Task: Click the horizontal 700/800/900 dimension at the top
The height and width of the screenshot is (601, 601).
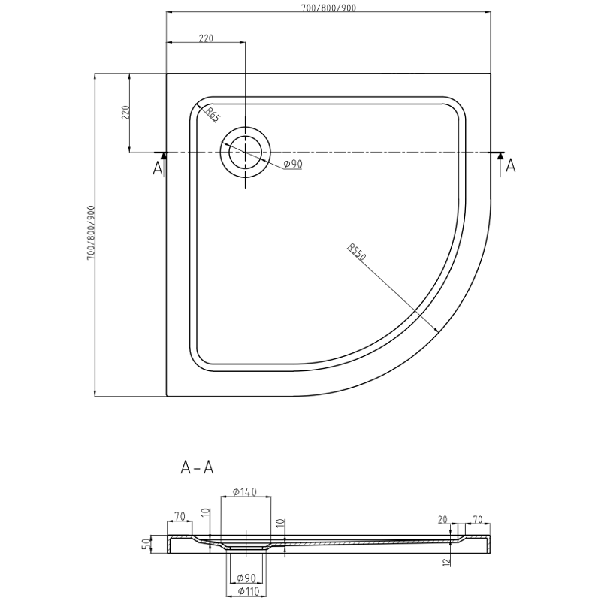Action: (x=328, y=8)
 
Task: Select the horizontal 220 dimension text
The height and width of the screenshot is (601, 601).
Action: (x=206, y=38)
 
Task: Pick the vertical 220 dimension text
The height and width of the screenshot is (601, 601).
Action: (x=126, y=113)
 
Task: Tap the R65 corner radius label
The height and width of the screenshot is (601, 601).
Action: (x=213, y=115)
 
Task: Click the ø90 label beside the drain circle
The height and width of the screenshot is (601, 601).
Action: (x=292, y=165)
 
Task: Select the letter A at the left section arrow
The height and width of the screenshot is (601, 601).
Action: (x=158, y=168)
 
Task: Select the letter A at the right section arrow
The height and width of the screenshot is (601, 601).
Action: (x=511, y=166)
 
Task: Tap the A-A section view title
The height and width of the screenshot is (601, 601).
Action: (x=198, y=467)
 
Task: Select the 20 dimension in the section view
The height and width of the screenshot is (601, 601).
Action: (x=443, y=519)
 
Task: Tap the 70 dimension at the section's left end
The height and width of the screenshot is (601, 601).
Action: (x=179, y=516)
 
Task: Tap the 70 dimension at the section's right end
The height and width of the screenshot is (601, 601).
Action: (x=478, y=519)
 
